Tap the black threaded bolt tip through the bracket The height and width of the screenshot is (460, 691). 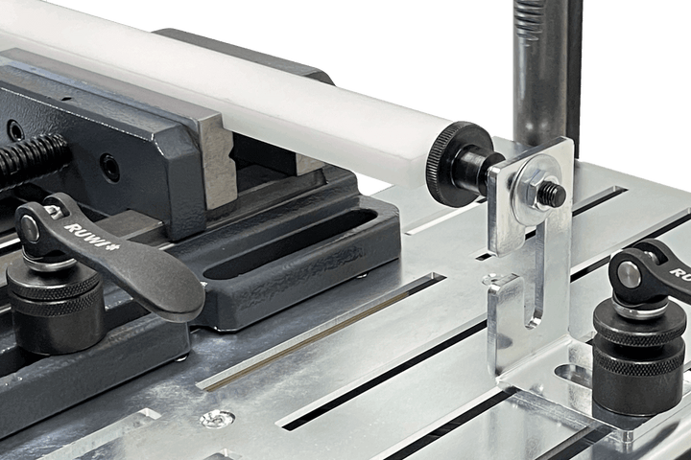click(x=555, y=194)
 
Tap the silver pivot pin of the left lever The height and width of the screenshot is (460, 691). click(x=32, y=227)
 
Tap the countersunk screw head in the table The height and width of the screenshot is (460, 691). click(x=217, y=418)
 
